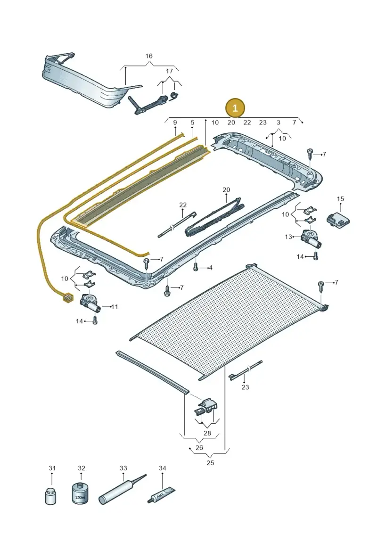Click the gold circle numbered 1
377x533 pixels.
235,108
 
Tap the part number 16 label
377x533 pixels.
149,56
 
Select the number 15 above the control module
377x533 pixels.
340,199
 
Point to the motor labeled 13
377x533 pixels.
311,239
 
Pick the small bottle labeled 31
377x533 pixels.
50,496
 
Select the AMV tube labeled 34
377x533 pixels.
162,495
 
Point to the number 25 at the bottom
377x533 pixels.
211,463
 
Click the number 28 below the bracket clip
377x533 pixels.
207,433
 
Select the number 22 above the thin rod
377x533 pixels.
183,205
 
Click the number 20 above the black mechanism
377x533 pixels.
226,189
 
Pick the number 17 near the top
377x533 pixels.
169,71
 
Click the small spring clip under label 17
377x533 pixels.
174,96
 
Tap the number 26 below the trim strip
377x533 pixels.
199,448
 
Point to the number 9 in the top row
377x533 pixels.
175,123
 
